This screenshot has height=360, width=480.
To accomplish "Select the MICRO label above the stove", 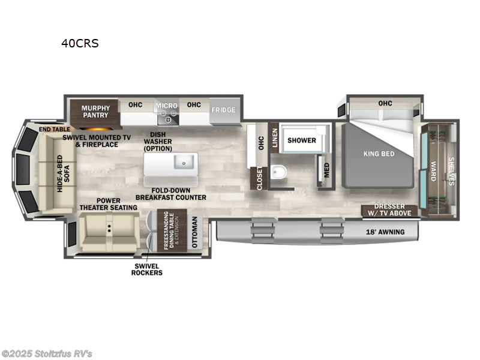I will pos(167,106).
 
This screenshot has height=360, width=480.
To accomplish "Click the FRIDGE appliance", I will pos(223,110).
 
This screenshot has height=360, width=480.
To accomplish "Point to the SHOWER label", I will pos(301,140).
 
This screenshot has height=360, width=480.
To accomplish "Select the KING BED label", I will pos(379,154).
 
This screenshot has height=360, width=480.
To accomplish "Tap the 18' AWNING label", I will pos(385,232).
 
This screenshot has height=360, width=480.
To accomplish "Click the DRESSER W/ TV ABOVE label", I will pos(389,210).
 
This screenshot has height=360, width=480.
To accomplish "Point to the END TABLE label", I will pos(54,129).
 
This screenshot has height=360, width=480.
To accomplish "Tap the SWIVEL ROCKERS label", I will pos(147,269).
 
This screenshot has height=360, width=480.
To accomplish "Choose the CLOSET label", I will pos(260,179).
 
